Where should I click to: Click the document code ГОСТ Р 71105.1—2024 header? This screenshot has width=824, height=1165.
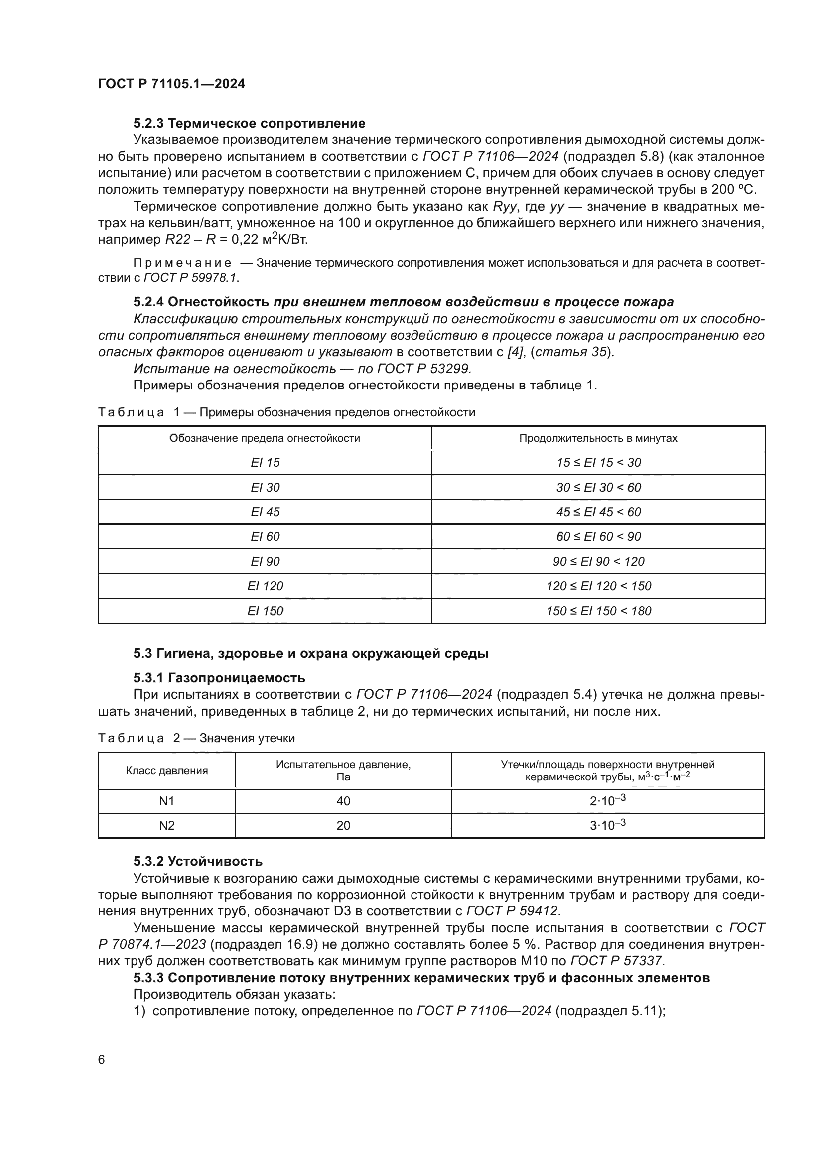click(x=171, y=84)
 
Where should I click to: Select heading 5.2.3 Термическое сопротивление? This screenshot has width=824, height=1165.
click(x=249, y=123)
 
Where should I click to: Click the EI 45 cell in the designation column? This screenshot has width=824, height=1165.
click(x=265, y=512)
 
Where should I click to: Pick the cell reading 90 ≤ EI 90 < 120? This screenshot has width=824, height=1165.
click(x=598, y=561)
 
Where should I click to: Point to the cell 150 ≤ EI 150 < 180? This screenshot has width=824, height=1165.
click(x=598, y=611)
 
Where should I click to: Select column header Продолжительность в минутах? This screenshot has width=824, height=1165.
click(x=598, y=438)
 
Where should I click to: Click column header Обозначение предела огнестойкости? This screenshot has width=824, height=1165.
click(x=265, y=438)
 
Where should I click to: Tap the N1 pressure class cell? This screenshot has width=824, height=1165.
click(x=166, y=801)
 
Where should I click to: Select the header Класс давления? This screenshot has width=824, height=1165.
click(x=166, y=770)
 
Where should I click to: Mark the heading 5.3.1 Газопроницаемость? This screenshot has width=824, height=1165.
click(x=219, y=678)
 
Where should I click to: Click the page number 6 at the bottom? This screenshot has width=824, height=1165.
click(x=102, y=1059)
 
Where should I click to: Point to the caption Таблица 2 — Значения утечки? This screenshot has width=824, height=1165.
click(x=196, y=738)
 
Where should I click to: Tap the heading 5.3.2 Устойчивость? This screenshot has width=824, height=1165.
click(x=198, y=861)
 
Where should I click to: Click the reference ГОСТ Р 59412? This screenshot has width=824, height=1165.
click(x=513, y=911)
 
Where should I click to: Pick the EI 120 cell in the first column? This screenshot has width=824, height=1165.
click(x=265, y=586)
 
